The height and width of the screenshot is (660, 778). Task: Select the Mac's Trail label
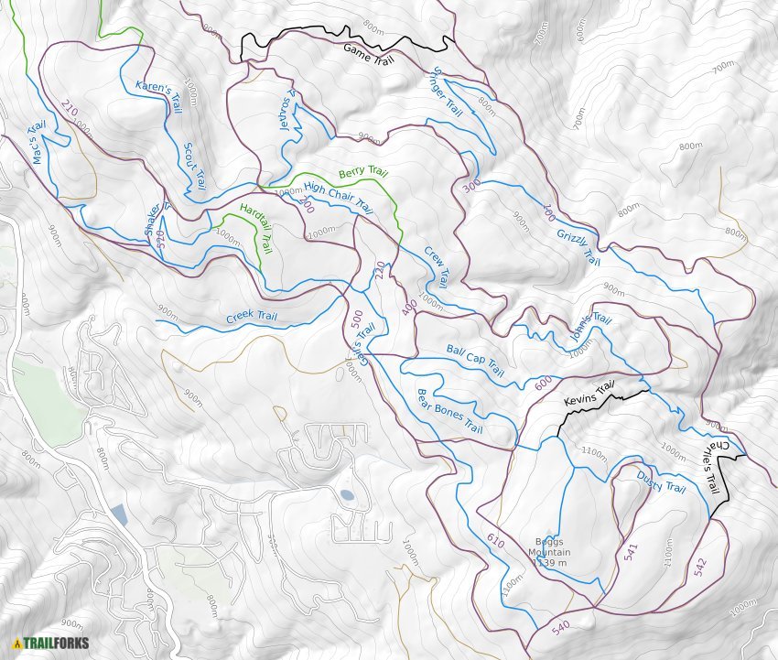pyautogui.click(x=40, y=144)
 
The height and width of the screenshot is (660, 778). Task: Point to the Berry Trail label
pyautogui.click(x=363, y=173)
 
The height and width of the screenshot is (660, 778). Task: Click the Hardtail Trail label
pyautogui.click(x=256, y=228)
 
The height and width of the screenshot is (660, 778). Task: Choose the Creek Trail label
pyautogui.click(x=252, y=317)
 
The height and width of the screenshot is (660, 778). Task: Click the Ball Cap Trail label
pyautogui.click(x=475, y=361)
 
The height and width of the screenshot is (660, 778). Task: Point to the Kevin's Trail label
pyautogui.click(x=587, y=395)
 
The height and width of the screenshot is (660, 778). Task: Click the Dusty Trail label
pyautogui.click(x=661, y=481)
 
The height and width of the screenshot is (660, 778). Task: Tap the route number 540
pyautogui.click(x=560, y=626)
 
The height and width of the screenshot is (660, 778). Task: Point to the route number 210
pyautogui.click(x=68, y=109)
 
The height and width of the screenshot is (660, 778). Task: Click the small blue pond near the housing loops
pyautogui.click(x=347, y=495)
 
